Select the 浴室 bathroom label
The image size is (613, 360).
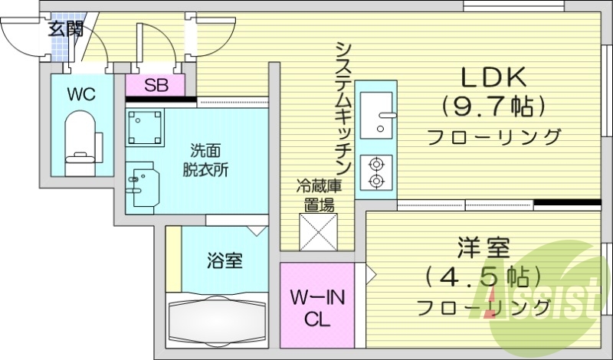224,260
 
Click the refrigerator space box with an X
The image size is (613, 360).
318,232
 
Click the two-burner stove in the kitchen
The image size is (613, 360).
376,172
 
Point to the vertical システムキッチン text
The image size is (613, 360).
342,107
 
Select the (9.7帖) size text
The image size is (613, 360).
492,106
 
